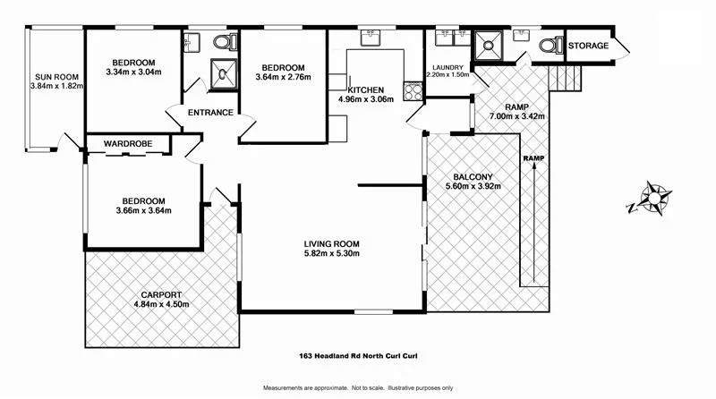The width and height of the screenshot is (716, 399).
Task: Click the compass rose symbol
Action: (655, 199)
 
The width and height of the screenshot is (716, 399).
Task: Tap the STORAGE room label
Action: (589, 46)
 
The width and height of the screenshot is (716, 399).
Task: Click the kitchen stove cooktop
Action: (413, 90)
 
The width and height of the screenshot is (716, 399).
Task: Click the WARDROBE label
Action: (126, 143)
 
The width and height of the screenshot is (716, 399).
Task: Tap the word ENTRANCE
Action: (210, 113)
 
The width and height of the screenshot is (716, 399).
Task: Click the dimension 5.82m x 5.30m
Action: (331, 253)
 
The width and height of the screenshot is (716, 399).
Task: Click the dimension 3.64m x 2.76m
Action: (284, 78)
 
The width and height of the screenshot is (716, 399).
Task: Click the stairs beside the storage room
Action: (567, 77)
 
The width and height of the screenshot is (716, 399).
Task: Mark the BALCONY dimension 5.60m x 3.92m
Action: (473, 187)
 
